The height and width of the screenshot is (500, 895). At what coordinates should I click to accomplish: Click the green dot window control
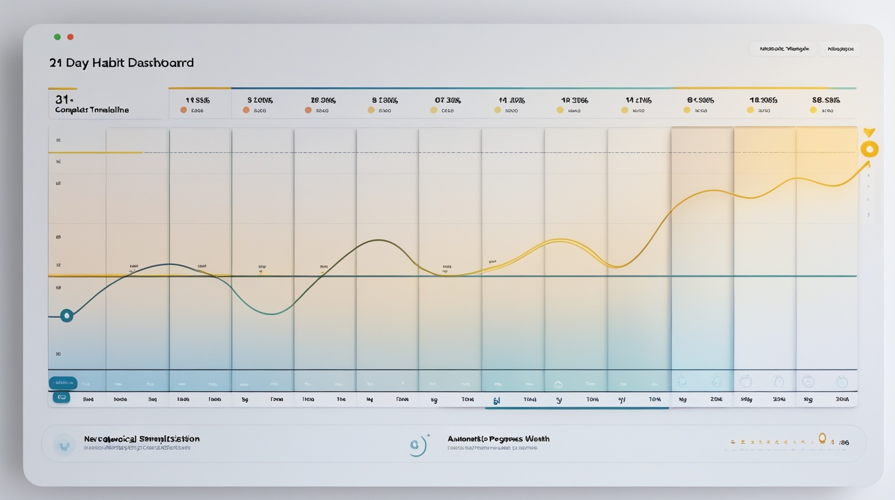coord(57,37)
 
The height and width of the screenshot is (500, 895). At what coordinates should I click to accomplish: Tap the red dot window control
coord(70,37)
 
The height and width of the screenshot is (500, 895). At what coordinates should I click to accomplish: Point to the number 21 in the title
coord(56,63)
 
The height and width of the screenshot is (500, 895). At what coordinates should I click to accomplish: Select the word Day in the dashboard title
coord(77,63)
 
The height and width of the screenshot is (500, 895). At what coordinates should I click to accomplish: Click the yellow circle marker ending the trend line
coord(869,149)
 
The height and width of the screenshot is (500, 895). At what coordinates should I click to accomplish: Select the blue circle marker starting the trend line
coord(66,316)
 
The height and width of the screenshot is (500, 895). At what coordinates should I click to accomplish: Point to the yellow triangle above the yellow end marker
coord(869,133)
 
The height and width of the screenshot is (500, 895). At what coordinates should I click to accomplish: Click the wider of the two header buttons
coord(784,49)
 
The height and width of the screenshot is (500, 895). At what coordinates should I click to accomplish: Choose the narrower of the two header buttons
coord(840,49)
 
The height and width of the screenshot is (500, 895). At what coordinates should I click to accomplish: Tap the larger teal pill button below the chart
coord(63,383)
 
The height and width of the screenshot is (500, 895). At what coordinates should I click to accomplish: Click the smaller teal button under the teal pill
coord(62,397)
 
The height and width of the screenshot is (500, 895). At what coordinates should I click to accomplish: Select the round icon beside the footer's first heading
coord(64,445)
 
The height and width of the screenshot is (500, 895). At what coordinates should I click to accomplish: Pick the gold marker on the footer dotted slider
coord(822,439)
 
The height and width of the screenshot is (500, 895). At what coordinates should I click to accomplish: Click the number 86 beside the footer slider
coord(844,443)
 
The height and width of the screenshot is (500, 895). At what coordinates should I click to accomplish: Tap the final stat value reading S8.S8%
coord(825,100)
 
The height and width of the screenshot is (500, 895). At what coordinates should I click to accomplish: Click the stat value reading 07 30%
coord(447,100)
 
